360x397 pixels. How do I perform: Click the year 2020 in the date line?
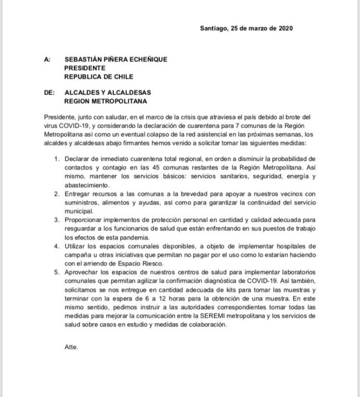tap(286, 29)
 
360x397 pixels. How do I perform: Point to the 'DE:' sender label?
tap(50, 94)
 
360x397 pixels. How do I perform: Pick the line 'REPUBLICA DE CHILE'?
tap(98, 77)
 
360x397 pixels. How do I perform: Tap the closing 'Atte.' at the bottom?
tap(71, 347)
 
